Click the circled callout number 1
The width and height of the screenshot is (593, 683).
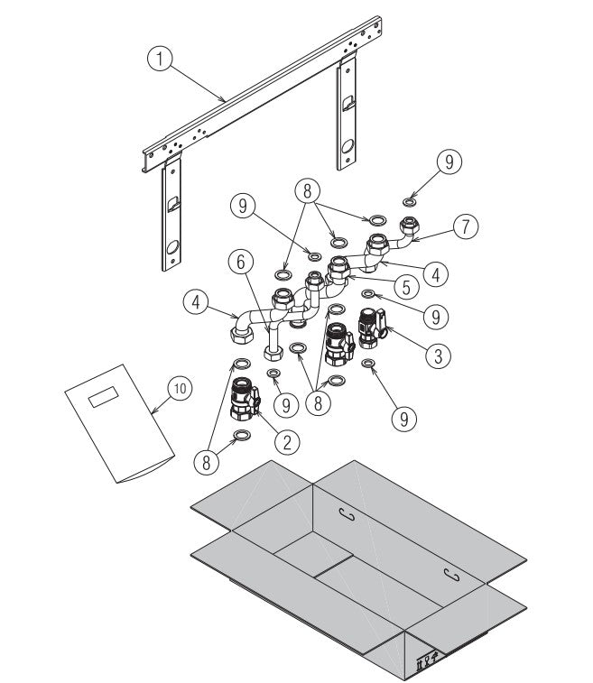159,60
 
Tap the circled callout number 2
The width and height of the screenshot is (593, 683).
287,442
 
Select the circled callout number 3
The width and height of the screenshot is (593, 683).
438,355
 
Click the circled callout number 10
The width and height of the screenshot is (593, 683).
179,388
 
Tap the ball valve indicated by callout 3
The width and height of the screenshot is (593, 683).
372,329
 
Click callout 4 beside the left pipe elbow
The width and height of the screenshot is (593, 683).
199,300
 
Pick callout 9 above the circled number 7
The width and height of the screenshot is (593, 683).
449,162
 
